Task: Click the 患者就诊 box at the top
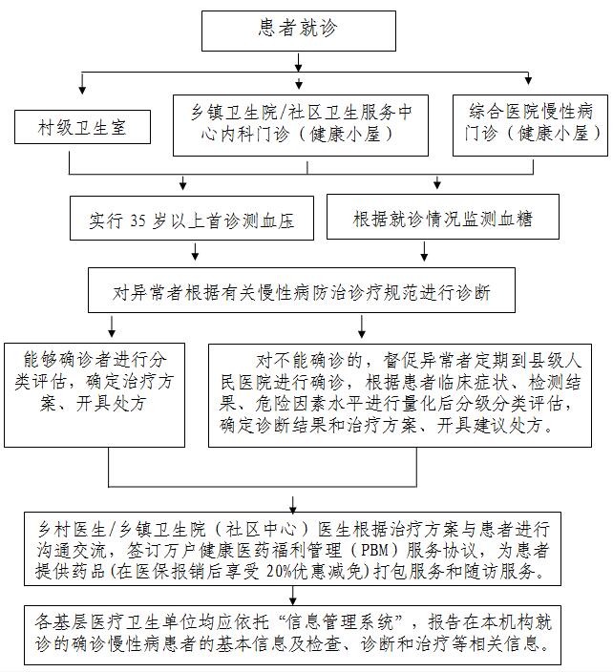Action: (x=298, y=29)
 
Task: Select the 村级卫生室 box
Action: (x=82, y=126)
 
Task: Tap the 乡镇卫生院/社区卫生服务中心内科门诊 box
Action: (x=300, y=123)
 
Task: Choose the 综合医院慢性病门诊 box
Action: (x=530, y=123)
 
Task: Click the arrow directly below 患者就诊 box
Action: (x=298, y=62)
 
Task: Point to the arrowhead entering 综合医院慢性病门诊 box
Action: (x=528, y=80)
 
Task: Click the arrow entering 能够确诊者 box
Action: (x=112, y=331)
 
